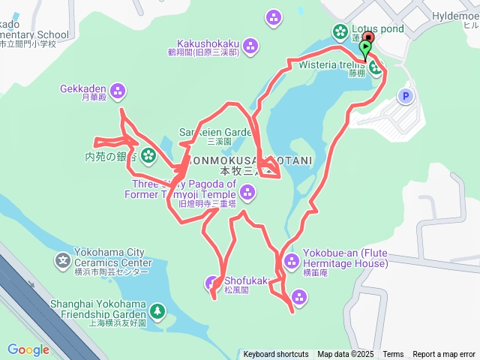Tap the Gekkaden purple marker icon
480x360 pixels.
(117, 92)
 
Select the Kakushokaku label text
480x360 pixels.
(202, 43)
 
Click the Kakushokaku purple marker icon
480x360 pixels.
(251, 46)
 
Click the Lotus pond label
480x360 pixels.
(378, 29)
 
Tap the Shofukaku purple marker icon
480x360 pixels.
(212, 283)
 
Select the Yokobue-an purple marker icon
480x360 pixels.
(291, 261)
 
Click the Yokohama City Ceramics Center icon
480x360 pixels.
(63, 261)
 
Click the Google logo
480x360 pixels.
(28, 349)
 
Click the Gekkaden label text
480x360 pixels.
(82, 88)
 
